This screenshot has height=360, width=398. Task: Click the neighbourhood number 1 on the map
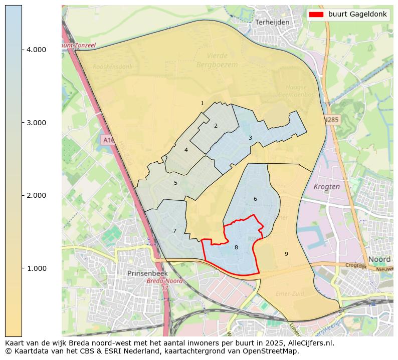pyautogui.click(x=202, y=104)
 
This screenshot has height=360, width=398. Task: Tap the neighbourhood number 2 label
pyautogui.click(x=216, y=126)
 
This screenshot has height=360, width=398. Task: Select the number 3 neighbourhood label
pyautogui.click(x=250, y=138)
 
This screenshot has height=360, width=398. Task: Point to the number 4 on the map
pyautogui.click(x=186, y=150)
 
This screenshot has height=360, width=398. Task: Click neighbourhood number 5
pyautogui.click(x=175, y=183)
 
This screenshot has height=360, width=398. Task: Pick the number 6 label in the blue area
pyautogui.click(x=255, y=199)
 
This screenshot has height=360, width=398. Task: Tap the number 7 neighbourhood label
pyautogui.click(x=174, y=231)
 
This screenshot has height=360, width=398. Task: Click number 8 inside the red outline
pyautogui.click(x=236, y=247)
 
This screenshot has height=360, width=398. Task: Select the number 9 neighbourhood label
pyautogui.click(x=286, y=254)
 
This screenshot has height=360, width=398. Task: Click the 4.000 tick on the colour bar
pyautogui.click(x=36, y=50)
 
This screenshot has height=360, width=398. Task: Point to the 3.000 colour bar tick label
pyautogui.click(x=36, y=123)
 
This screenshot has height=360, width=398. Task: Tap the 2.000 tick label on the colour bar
pyautogui.click(x=36, y=195)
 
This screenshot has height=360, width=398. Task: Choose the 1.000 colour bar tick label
pyautogui.click(x=36, y=268)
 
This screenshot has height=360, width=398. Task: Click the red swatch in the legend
pyautogui.click(x=317, y=15)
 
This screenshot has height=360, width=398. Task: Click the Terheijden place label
pyautogui.click(x=272, y=23)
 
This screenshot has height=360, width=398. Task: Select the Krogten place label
pyautogui.click(x=326, y=186)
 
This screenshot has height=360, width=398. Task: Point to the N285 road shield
pyautogui.click(x=331, y=120)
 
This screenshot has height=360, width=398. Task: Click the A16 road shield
pyautogui.click(x=107, y=140)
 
